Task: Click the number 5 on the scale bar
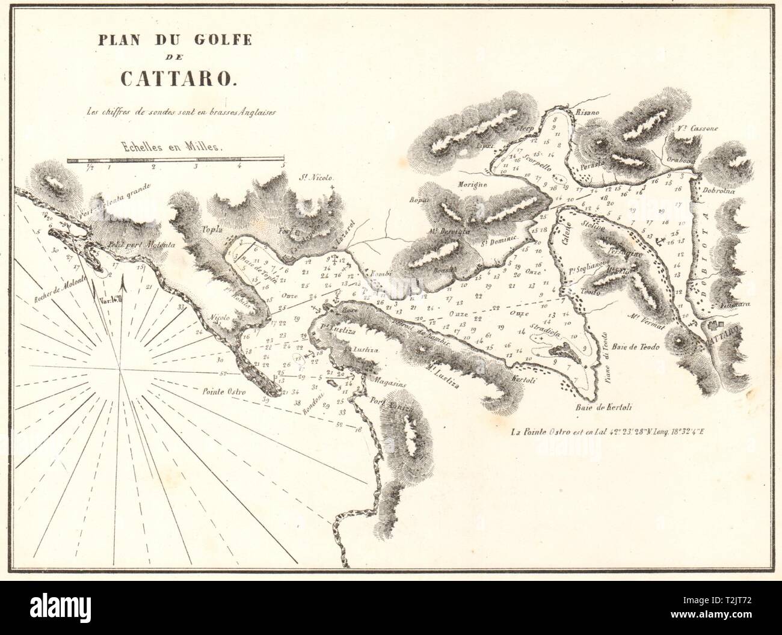point(282,167)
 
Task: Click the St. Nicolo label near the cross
point(316,178)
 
